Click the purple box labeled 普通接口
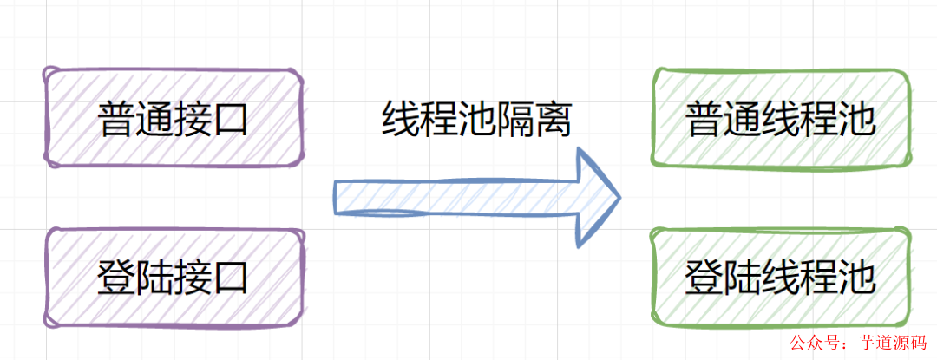point(174,118)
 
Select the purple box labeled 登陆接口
point(174,278)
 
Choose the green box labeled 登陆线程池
point(780,278)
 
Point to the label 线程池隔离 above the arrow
point(477,119)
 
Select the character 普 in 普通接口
point(116,119)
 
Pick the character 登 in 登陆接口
point(116,278)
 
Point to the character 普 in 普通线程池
point(704,120)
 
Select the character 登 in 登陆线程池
point(704,278)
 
